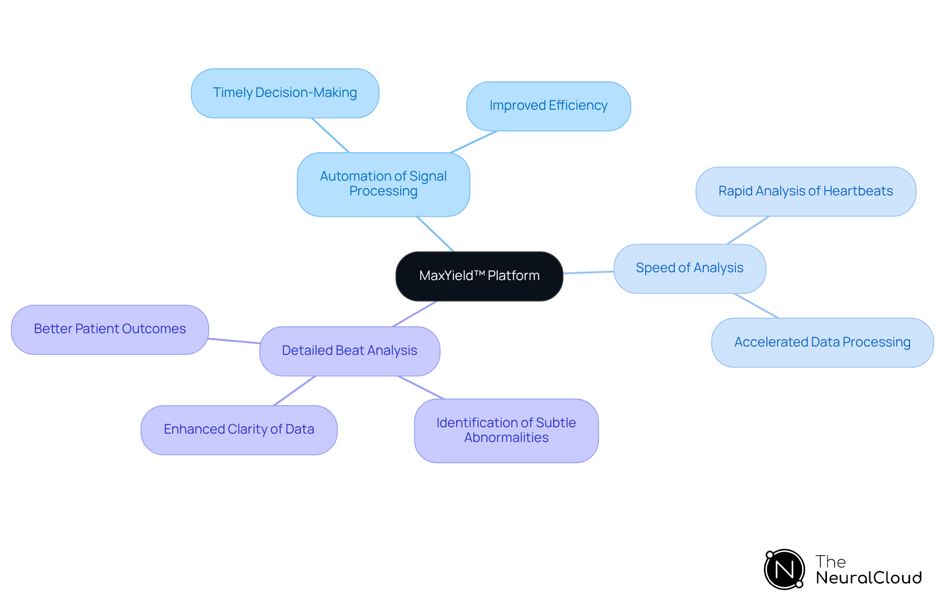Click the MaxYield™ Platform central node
click(479, 276)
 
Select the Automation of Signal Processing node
click(383, 184)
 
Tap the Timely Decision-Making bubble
click(284, 93)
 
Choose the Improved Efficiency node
click(548, 106)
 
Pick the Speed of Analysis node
click(689, 268)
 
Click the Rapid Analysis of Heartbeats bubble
click(805, 191)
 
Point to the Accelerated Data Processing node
click(822, 342)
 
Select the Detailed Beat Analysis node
click(349, 351)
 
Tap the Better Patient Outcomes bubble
click(110, 329)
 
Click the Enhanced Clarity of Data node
click(239, 430)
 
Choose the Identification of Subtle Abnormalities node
click(506, 430)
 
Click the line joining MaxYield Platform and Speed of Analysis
click(589, 272)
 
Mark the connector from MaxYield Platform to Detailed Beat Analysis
click(414, 314)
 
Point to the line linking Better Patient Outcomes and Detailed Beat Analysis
click(234, 341)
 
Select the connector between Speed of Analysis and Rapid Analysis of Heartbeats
click(748, 230)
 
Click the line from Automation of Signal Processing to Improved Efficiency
click(473, 142)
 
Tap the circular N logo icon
click(784, 569)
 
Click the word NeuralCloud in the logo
click(869, 578)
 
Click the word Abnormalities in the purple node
click(506, 438)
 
